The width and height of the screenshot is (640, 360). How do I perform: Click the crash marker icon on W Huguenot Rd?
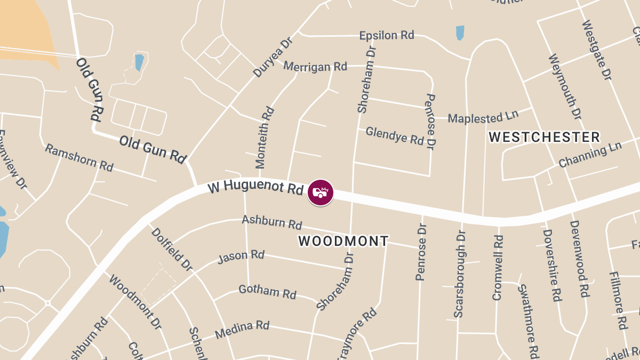point(321,193)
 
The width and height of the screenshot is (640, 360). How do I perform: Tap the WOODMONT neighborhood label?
point(343,241)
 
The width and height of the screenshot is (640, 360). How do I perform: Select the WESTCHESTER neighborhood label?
point(544,137)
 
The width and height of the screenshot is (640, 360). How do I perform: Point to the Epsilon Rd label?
point(387,35)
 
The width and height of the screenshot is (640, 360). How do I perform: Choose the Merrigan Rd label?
point(315,66)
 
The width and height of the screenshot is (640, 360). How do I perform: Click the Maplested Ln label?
point(483,117)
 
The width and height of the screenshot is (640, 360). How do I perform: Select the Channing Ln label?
point(590,155)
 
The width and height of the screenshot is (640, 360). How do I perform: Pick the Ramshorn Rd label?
point(79,157)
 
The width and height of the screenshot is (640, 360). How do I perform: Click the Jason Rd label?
point(241,257)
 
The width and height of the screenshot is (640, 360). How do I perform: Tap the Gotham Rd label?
point(267,292)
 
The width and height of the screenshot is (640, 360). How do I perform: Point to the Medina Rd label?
point(242,330)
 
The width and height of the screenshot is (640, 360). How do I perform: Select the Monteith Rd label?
point(265,137)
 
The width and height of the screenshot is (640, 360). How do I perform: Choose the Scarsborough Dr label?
point(460,274)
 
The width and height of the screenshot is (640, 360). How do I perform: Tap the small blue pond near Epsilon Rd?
point(460,33)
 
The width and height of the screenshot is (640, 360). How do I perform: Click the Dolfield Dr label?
point(171,248)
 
